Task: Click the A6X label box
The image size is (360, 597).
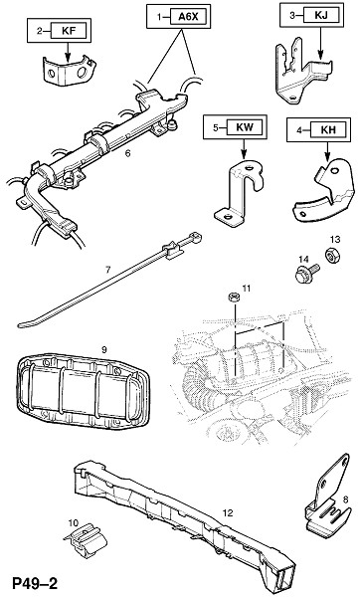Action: pyautogui.click(x=189, y=16)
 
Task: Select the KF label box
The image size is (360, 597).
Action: pyautogui.click(x=69, y=31)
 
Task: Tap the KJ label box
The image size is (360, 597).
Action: pyautogui.click(x=321, y=16)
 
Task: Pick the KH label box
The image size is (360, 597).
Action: pyautogui.click(x=328, y=129)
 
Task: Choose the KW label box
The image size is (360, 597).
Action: pyautogui.click(x=245, y=127)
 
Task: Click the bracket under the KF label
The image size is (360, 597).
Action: pyautogui.click(x=69, y=70)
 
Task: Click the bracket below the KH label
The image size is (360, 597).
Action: pyautogui.click(x=323, y=190)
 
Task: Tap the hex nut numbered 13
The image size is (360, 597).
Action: pyautogui.click(x=332, y=255)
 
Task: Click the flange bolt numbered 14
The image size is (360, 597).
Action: pyautogui.click(x=307, y=274)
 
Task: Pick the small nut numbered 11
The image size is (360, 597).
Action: pyautogui.click(x=234, y=297)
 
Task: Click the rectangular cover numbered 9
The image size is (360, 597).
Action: pyautogui.click(x=83, y=390)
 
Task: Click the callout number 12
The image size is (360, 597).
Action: pyautogui.click(x=228, y=513)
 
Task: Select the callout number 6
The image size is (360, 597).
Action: pyautogui.click(x=127, y=153)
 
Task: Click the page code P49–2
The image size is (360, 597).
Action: pyautogui.click(x=35, y=583)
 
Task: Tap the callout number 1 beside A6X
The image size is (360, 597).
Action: pyautogui.click(x=160, y=16)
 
